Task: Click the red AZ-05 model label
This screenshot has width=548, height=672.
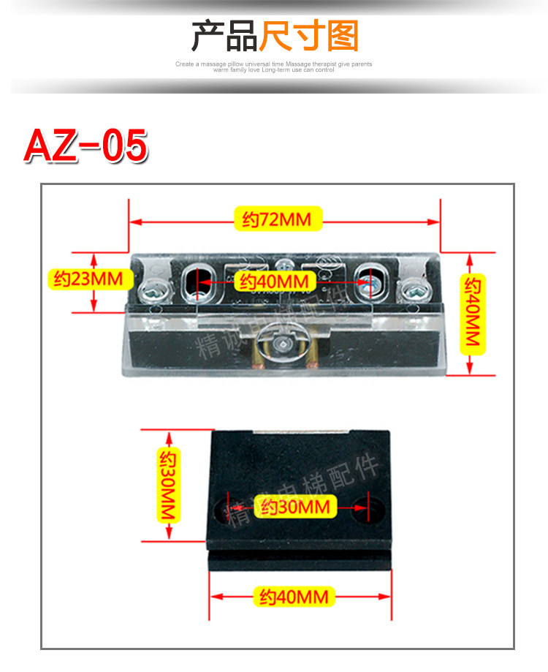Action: tap(86, 146)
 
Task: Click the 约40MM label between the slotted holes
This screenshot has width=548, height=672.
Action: tap(276, 281)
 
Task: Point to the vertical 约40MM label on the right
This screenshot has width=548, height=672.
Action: tap(474, 314)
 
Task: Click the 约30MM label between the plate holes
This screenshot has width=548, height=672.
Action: tap(296, 506)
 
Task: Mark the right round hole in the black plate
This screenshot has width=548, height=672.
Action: tap(363, 506)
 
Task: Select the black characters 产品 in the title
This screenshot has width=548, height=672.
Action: tap(224, 36)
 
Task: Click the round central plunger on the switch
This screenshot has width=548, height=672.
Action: tap(282, 341)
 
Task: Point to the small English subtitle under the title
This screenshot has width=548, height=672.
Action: tap(274, 67)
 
